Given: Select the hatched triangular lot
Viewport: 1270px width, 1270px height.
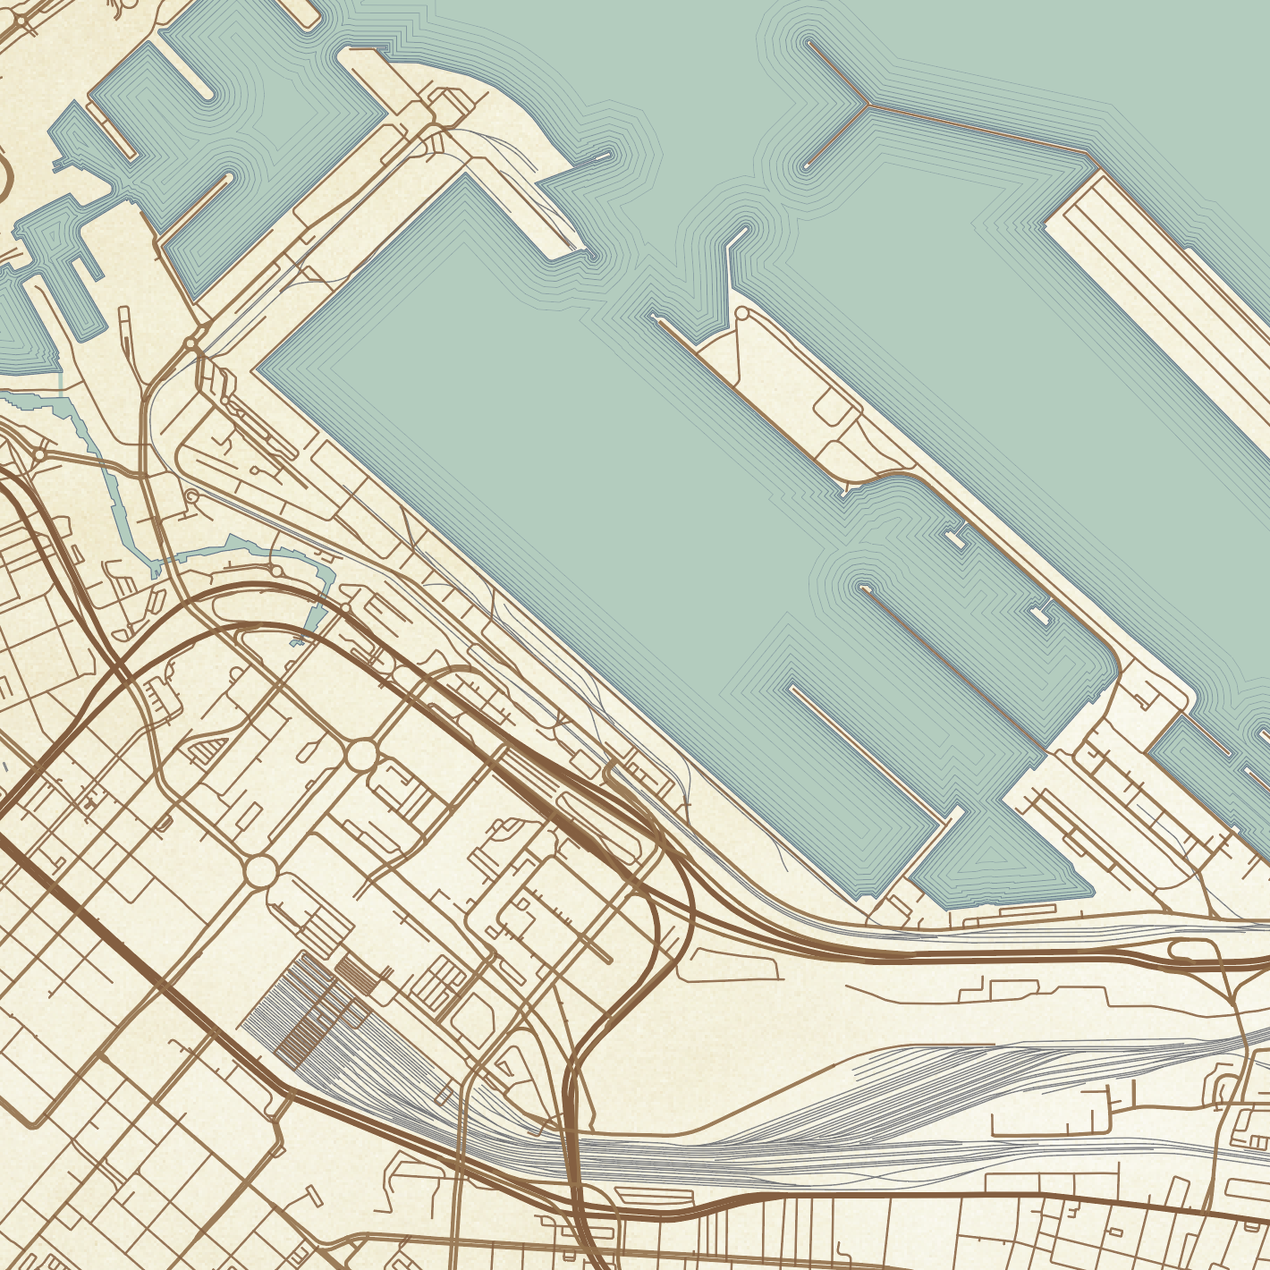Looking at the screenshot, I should [x=203, y=749].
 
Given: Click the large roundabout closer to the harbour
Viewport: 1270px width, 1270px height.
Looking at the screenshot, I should [x=361, y=754].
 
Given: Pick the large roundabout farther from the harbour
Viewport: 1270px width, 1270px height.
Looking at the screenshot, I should [x=260, y=871].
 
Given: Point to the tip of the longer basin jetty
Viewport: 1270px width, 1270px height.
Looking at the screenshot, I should [x=863, y=588].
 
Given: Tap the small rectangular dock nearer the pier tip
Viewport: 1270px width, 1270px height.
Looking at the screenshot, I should [x=955, y=538].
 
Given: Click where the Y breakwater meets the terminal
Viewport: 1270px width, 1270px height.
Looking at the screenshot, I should [x=1089, y=157].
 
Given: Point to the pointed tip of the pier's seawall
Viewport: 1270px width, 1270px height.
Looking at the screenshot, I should [x=658, y=319].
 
